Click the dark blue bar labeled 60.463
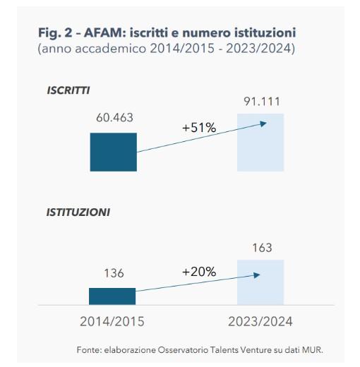pyautogui.click(x=113, y=151)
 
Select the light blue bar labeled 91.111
pyautogui.click(x=260, y=142)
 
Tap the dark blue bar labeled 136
pyautogui.click(x=112, y=296)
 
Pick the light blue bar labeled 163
pyautogui.click(x=260, y=282)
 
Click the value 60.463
pyautogui.click(x=114, y=117)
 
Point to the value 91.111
pyautogui.click(x=260, y=102)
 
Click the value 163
pyautogui.click(x=260, y=248)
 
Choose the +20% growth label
pyautogui.click(x=198, y=272)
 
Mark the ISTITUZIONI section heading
pyautogui.click(x=78, y=211)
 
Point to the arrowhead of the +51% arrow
pyautogui.click(x=263, y=124)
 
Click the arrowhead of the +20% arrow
pyautogui.click(x=264, y=279)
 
